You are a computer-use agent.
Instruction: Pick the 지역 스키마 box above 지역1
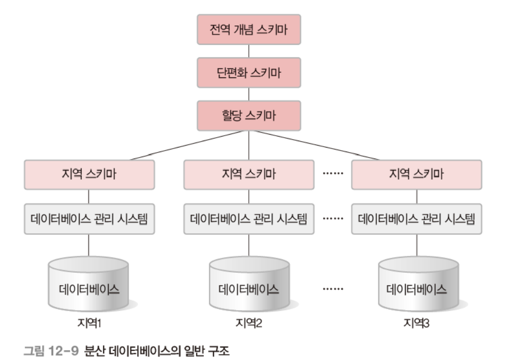coord(89,175)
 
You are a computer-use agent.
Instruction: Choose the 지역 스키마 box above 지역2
coord(249,175)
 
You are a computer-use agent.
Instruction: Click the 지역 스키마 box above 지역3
coord(417,175)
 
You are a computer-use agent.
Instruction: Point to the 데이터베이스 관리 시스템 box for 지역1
coord(89,218)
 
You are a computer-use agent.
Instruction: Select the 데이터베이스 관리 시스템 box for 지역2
coord(249,218)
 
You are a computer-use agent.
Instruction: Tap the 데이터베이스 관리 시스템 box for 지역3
coord(417,218)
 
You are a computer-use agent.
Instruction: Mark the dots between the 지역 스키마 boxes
coord(332,175)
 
